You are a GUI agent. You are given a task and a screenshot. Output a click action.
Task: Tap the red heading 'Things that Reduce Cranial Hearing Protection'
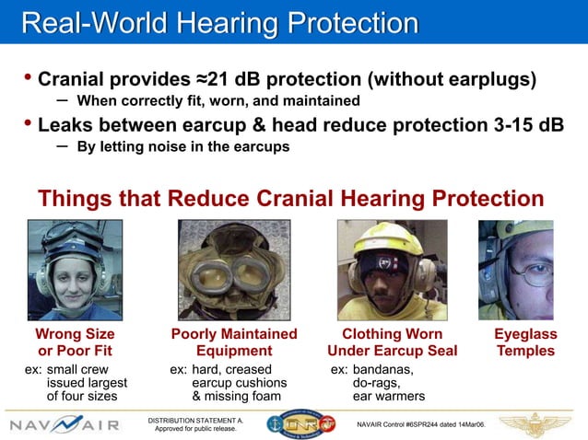(290, 198)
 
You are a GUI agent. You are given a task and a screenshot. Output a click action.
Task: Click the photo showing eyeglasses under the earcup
(516, 268)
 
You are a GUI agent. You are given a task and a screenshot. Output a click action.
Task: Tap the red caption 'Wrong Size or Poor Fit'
(75, 342)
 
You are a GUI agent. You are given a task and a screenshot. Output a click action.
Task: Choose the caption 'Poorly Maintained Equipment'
(234, 342)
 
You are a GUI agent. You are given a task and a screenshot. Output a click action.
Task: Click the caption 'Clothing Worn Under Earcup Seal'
(392, 342)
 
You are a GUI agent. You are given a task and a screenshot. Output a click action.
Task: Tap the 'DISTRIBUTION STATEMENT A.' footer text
(195, 420)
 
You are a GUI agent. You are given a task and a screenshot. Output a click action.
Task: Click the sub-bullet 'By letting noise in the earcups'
(182, 146)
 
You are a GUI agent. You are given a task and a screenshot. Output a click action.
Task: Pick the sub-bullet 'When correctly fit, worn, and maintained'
(218, 100)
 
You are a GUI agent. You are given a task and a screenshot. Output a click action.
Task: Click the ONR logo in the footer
(299, 424)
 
